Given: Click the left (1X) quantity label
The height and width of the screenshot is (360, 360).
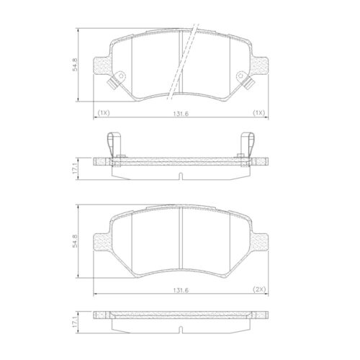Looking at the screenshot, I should click(x=102, y=112).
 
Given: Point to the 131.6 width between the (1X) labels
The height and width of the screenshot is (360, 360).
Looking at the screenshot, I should click(x=181, y=112).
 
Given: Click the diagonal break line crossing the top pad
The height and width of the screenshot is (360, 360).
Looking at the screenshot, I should click(x=181, y=61).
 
